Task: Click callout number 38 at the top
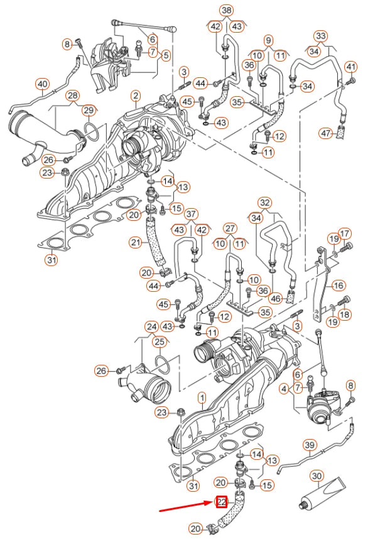tap(226, 10)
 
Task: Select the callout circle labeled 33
tap(320, 36)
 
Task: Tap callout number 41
tap(350, 67)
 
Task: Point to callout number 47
tap(325, 133)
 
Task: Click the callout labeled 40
tap(42, 84)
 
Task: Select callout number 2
tap(135, 96)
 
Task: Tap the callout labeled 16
tap(339, 286)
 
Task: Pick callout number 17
tap(344, 235)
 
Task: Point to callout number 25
tap(160, 342)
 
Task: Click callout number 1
tap(202, 397)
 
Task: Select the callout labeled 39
tap(309, 445)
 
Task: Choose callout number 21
tap(136, 242)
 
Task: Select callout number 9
tap(268, 40)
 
